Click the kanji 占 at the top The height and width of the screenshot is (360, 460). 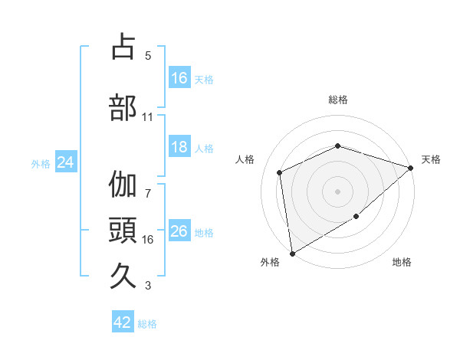(x=123, y=47)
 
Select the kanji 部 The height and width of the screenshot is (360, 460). (x=123, y=107)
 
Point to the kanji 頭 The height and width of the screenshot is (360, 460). (x=123, y=231)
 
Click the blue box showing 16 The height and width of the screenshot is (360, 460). (x=179, y=78)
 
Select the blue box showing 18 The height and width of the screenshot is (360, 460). (x=179, y=148)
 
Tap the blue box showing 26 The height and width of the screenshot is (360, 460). (x=179, y=231)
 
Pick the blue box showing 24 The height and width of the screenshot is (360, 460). (x=66, y=162)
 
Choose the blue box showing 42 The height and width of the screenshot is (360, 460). (x=123, y=322)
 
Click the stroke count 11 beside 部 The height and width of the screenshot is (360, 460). (x=148, y=117)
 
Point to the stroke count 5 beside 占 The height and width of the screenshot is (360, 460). (x=148, y=56)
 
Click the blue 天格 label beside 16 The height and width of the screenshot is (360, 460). (x=204, y=79)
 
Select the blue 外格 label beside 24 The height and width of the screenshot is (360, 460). (x=41, y=163)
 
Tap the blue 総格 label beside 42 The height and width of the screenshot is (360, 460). (x=147, y=323)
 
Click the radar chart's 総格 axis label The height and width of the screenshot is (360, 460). (x=338, y=100)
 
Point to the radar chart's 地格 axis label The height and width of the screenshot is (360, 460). (x=402, y=263)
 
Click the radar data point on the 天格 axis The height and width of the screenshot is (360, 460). (x=411, y=167)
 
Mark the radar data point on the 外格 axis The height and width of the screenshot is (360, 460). (x=292, y=253)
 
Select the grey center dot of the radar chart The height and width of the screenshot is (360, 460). (x=338, y=191)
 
